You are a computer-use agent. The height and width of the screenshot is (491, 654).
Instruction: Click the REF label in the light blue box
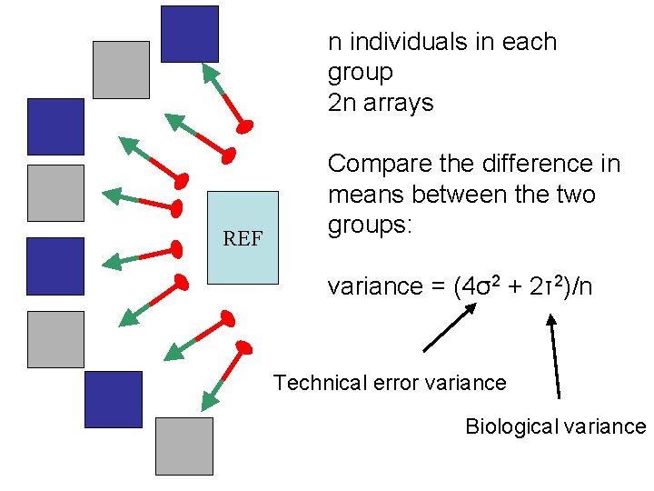click(x=243, y=239)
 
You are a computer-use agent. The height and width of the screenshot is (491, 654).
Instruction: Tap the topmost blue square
click(x=189, y=34)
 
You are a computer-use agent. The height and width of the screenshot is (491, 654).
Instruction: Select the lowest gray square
click(x=183, y=446)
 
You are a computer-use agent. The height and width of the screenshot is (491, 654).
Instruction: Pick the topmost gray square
click(x=121, y=69)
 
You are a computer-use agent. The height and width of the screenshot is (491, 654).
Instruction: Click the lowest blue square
click(x=114, y=399)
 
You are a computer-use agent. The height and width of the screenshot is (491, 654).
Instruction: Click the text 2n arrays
click(x=381, y=103)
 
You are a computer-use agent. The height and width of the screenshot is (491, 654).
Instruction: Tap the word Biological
click(x=510, y=426)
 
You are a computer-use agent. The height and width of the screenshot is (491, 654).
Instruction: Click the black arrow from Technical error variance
click(x=450, y=327)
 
